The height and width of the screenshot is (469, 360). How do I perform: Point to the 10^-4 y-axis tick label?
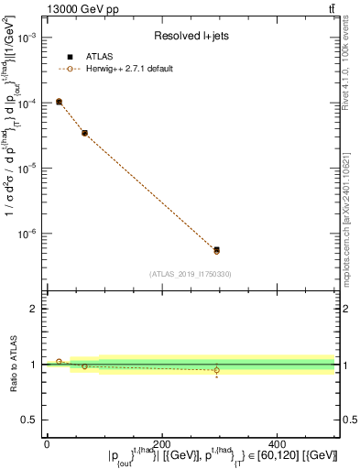[x=26, y=104]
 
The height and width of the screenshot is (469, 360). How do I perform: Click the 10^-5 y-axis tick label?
[x=26, y=169]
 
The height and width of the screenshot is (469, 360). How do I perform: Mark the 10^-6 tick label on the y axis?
[x=26, y=234]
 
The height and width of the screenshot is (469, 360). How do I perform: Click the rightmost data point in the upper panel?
[x=216, y=250]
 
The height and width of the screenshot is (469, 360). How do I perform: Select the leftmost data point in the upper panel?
[x=59, y=102]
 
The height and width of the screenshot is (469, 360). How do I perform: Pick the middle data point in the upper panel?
[x=84, y=133]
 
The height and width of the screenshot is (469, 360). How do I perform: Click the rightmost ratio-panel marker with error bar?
[x=216, y=371]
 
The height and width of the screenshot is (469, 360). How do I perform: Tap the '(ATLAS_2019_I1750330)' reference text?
[x=191, y=273]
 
